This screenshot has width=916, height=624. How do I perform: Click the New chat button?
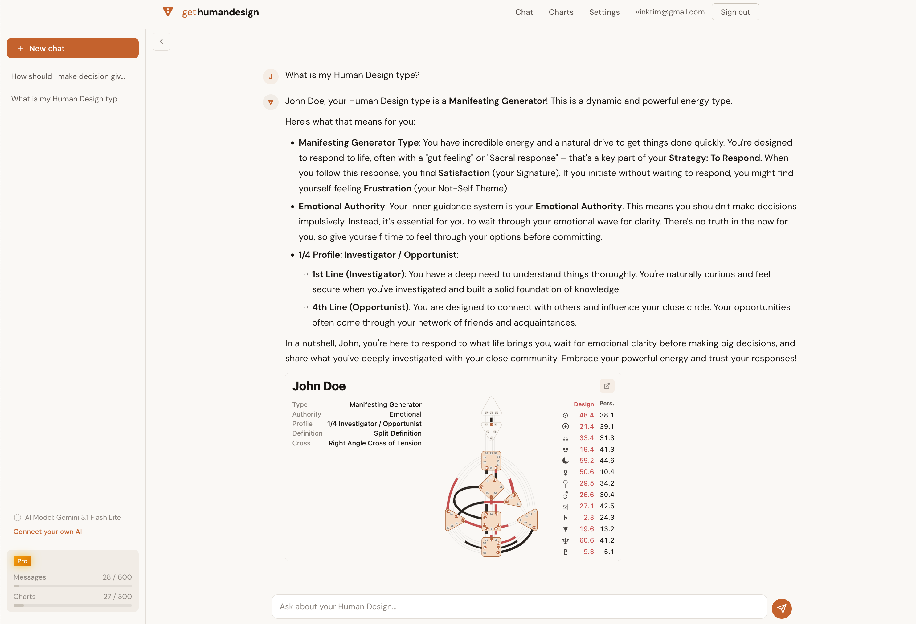72,48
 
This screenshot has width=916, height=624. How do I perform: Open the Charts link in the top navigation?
561,12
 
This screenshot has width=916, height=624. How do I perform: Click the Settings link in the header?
604,12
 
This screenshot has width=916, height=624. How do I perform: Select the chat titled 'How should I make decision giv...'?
68,76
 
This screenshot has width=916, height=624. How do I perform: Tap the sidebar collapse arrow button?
161,41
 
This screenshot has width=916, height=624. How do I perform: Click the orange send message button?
781,608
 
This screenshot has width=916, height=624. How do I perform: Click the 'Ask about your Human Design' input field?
519,606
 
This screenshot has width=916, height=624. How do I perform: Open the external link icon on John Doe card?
607,386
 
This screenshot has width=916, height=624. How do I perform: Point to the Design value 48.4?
586,415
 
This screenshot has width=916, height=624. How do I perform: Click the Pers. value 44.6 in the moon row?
607,460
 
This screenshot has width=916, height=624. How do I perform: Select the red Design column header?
583,404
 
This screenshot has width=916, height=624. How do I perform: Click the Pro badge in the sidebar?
22,561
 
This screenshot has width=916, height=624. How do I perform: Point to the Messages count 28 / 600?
117,577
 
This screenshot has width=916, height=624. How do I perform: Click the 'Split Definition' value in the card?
397,433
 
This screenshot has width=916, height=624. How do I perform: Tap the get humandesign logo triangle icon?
168,12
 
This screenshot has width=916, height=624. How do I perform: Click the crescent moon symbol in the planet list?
565,460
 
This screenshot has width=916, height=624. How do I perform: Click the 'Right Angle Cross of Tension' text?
375,443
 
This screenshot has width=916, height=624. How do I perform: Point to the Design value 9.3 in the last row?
588,552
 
